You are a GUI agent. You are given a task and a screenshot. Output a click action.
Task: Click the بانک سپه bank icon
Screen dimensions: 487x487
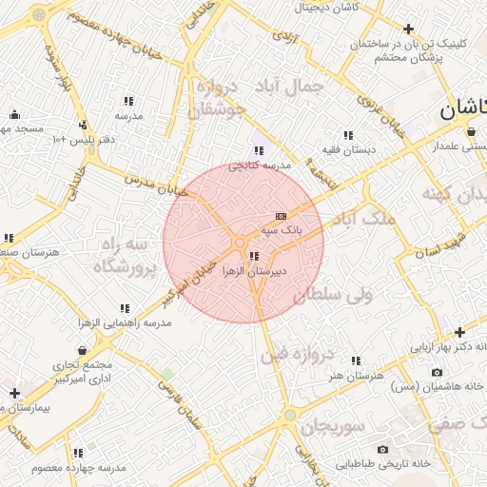(279, 216)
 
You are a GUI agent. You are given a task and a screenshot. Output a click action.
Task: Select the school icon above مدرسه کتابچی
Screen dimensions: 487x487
(259, 150)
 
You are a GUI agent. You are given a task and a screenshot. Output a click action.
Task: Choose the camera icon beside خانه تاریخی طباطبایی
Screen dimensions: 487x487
(382, 449)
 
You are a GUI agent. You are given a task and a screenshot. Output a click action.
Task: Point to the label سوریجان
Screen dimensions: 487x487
(334, 425)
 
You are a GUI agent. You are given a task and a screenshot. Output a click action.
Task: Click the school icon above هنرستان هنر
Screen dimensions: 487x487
(356, 361)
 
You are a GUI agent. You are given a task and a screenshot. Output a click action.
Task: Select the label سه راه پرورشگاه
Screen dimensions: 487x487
(124, 257)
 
